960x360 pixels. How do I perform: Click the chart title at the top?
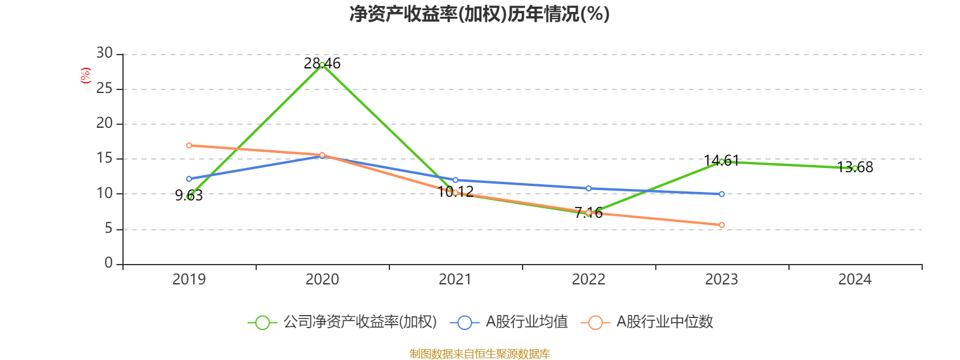[x=479, y=14]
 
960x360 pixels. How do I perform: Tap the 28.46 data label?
[x=322, y=63]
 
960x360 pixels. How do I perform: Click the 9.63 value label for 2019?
[x=189, y=196]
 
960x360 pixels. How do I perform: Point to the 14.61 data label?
[x=721, y=160]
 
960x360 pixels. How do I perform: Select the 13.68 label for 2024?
[x=855, y=167]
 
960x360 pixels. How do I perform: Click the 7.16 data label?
[x=589, y=212]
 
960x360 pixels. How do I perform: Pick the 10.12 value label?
[x=456, y=191]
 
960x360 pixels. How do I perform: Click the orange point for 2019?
[x=189, y=145]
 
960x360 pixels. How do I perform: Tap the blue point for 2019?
[x=189, y=179]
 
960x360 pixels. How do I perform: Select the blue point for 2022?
[x=589, y=188]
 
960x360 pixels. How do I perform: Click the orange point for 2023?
[x=722, y=225]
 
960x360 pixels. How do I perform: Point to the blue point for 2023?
[x=722, y=194]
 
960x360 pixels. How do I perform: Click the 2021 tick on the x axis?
[x=455, y=279]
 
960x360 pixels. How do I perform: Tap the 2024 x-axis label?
[x=855, y=279]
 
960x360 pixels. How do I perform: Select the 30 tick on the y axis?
[x=104, y=53]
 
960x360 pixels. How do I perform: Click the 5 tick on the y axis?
[x=109, y=229]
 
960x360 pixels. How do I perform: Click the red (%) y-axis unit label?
[x=86, y=76]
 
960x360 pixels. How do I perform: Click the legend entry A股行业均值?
[x=513, y=322]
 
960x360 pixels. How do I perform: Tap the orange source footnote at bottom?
[x=479, y=354]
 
